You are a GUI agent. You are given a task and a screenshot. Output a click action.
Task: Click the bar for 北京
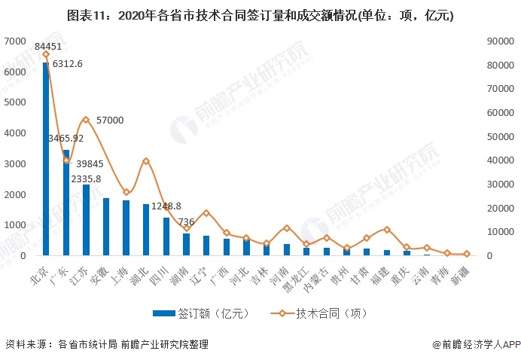(46, 159)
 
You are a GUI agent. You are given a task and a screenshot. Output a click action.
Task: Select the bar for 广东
(66, 203)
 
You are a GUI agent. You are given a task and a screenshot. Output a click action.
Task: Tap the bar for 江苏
(86, 220)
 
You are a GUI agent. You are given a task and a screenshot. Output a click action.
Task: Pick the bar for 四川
(166, 236)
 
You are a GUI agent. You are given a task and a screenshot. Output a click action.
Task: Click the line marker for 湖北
(146, 161)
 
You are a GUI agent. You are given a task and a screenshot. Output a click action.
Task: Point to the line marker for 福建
(387, 229)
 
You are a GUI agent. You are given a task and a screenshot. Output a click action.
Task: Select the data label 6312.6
(69, 63)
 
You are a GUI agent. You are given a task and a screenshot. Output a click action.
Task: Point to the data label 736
(187, 221)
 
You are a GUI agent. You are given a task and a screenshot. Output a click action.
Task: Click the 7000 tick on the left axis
(16, 41)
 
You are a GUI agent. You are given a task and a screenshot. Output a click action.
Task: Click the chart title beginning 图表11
(260, 15)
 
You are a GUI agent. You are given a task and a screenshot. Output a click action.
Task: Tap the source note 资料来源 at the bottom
(106, 344)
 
